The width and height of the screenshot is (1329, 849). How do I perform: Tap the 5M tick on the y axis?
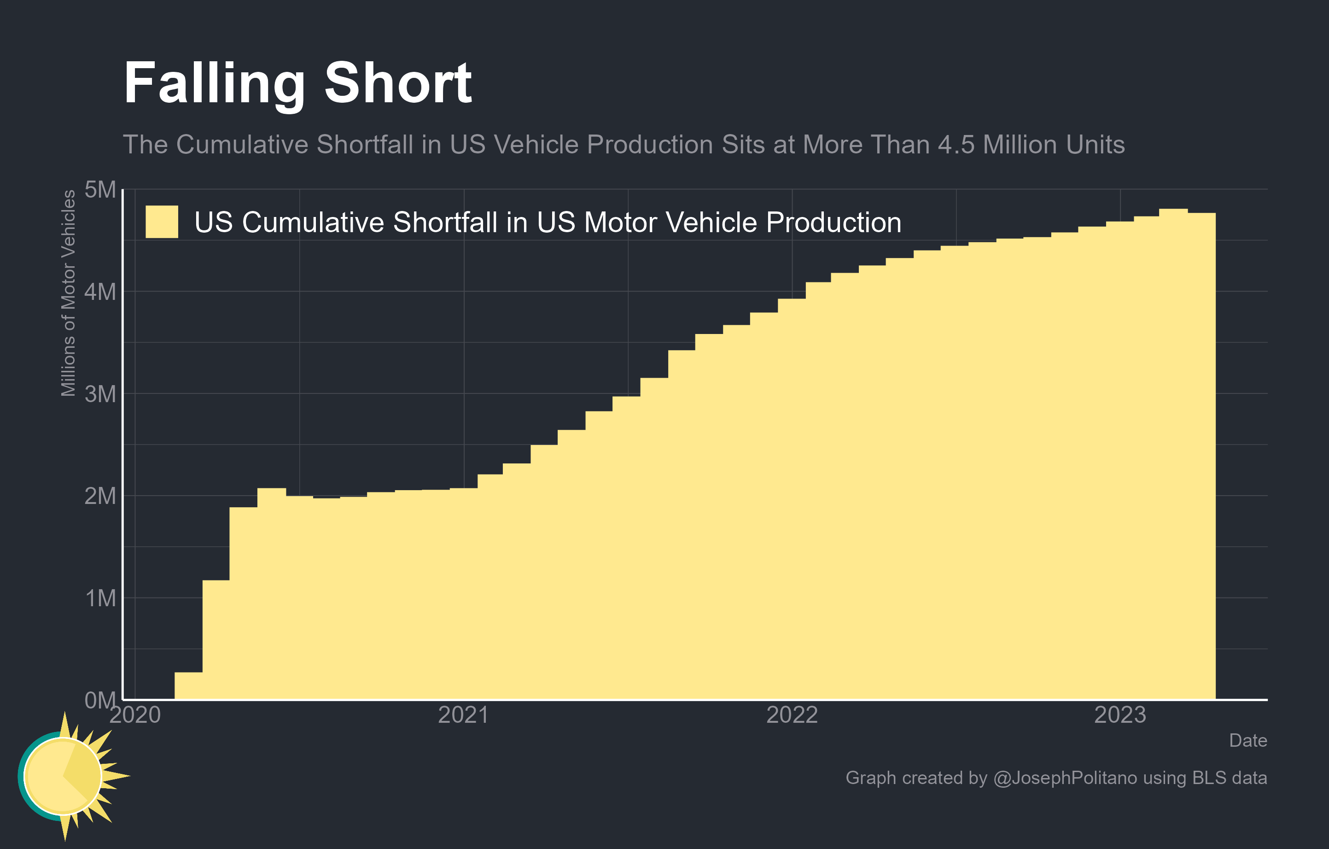100,190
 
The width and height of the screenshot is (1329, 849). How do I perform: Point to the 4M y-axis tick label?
100,292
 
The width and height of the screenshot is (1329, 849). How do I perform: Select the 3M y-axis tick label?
100,394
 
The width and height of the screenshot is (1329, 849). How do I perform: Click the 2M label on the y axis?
100,496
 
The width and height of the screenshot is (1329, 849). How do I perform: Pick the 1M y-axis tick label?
100,598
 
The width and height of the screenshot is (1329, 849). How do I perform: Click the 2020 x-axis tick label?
135,715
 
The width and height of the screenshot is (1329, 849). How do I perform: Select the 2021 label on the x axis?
463,715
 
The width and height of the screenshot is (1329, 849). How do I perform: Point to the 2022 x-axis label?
792,715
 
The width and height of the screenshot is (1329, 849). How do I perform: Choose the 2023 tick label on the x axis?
1120,715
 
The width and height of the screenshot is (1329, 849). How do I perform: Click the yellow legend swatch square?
162,222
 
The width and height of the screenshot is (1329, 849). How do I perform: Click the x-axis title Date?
1248,740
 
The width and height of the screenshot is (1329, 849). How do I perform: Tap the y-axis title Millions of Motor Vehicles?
69,293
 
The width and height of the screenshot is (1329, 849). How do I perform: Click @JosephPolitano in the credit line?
1065,778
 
